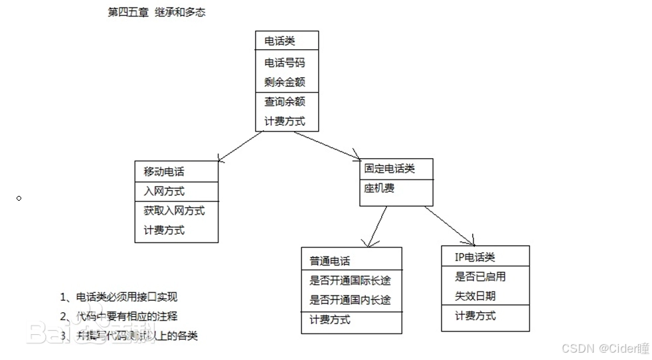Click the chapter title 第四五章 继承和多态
[157, 12]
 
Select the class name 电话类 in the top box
[280, 41]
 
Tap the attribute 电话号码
[285, 62]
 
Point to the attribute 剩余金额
[285, 82]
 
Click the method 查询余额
[285, 102]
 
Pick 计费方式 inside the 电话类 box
[285, 122]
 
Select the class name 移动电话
[164, 171]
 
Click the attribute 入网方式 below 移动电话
[164, 191]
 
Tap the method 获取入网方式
[174, 211]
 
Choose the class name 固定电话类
[390, 169]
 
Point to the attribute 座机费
[379, 189]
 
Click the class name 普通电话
[330, 260]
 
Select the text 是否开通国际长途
[350, 280]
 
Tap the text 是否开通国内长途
[350, 300]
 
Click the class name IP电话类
[475, 257]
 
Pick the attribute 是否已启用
[480, 276]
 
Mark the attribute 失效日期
[475, 296]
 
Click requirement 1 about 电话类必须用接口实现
[120, 298]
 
